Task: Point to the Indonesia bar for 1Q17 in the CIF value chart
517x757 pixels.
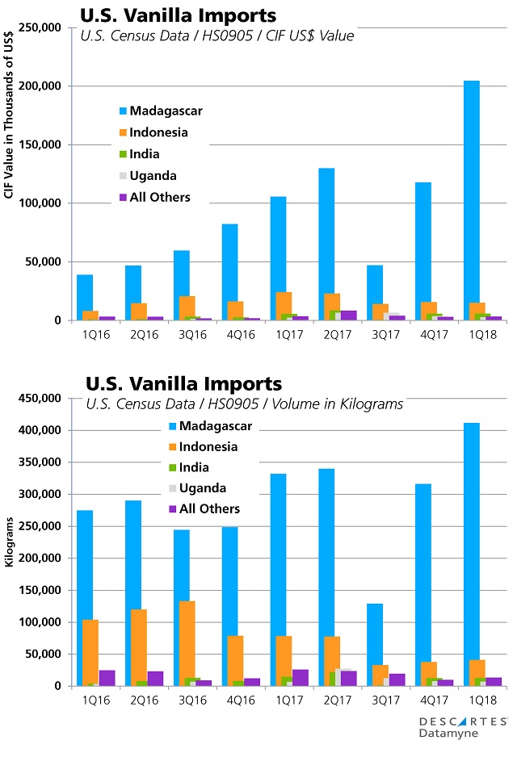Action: coord(284,306)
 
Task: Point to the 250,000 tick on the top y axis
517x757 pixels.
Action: coord(48,27)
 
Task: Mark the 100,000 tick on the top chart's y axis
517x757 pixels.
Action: coord(48,203)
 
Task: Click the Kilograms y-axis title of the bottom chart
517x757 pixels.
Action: coord(11,542)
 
